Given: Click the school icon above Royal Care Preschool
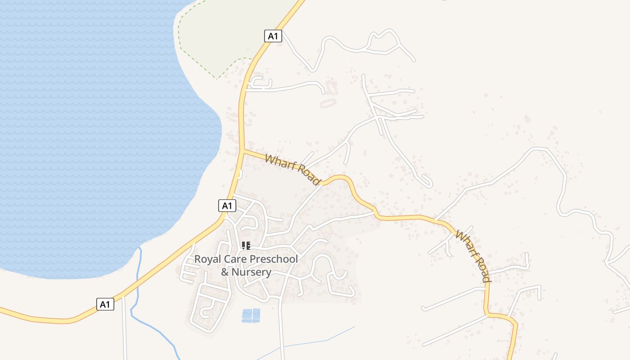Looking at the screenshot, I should [x=246, y=246].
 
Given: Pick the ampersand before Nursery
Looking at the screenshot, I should [x=225, y=272].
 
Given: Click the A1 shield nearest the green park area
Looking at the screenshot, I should [x=273, y=36].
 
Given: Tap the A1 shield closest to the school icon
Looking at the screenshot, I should [x=227, y=206].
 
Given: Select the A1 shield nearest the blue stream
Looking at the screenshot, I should [x=105, y=304].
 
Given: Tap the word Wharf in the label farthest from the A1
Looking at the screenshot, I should [x=465, y=243].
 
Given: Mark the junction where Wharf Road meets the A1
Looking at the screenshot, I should [x=243, y=151].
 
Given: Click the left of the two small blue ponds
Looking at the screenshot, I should [x=247, y=315].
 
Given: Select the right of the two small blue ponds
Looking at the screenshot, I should [x=256, y=315].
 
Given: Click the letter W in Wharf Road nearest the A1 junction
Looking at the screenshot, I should [x=270, y=159].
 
